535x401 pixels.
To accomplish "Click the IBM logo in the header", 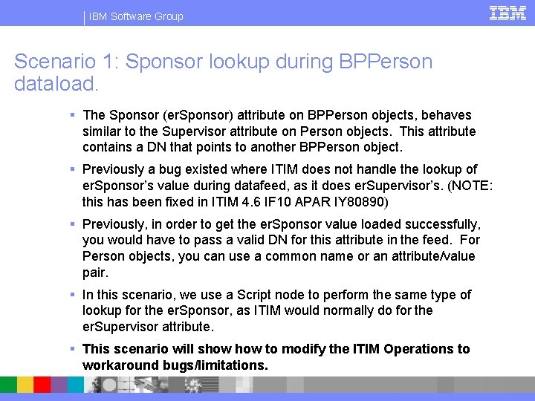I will (508, 13).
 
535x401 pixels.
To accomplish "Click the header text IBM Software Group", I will (136, 16).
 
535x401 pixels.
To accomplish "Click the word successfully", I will (438, 224).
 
